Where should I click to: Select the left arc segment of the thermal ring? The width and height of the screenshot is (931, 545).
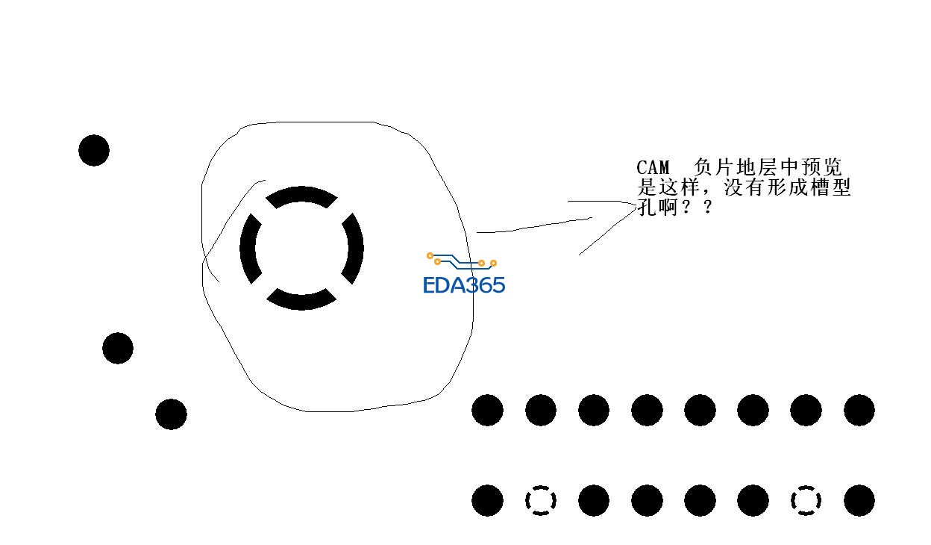point(248,249)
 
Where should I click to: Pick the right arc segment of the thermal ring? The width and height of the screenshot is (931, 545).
point(356,249)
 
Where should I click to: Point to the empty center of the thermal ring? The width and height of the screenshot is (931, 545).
point(301,249)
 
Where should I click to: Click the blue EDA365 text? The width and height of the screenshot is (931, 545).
point(464,285)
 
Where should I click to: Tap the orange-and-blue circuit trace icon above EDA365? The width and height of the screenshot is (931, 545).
point(461,261)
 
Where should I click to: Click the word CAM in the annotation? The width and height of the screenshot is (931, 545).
point(653,168)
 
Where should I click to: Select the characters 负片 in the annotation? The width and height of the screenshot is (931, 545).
point(715,167)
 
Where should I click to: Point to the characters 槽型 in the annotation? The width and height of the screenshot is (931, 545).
point(830,187)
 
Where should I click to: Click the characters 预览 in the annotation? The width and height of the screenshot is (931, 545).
point(821,167)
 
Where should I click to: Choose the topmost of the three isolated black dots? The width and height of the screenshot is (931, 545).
point(94,150)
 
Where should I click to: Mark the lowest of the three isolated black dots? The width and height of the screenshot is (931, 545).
point(172,414)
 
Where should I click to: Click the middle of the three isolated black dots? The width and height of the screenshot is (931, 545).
point(118,348)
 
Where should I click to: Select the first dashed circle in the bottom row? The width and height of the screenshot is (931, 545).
point(541,500)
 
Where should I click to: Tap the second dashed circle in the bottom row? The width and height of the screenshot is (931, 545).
point(806,500)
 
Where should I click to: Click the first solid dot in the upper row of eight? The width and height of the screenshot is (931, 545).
point(488,410)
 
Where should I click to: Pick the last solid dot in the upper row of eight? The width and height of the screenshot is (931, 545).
point(859,410)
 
